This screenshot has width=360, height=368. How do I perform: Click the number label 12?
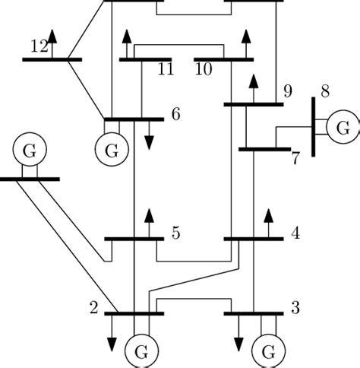tap(39, 46)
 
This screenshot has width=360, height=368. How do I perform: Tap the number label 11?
tap(166, 70)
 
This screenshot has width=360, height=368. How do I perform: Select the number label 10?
tap(203, 70)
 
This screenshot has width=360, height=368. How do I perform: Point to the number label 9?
tap(287, 91)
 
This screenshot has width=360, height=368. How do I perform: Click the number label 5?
tap(175, 233)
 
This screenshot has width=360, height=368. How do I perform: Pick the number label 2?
tap(93, 308)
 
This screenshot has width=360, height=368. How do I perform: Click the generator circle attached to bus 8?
tap(343, 125)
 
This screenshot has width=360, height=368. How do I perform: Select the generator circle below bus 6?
tap(112, 151)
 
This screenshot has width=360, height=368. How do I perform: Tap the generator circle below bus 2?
tap(141, 351)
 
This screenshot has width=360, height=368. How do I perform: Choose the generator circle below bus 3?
tap(268, 351)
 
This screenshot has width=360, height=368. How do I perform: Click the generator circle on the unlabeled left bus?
tap(29, 151)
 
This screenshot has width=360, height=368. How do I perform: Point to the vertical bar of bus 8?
tap(313, 125)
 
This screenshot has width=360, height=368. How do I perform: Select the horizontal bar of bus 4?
tap(253, 239)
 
